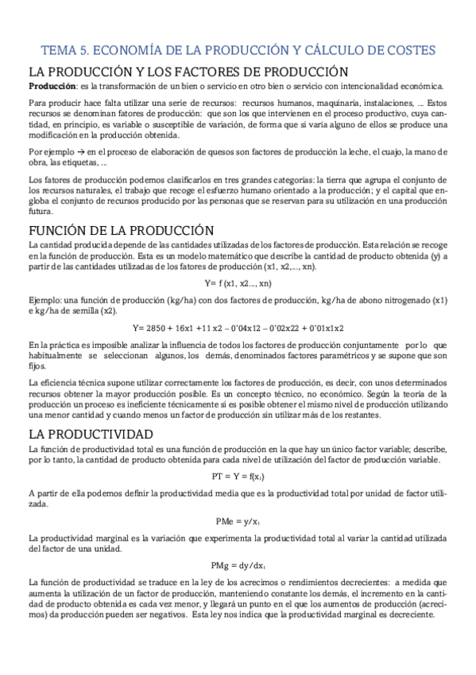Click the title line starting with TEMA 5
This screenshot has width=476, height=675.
238,50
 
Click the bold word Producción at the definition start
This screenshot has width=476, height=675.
52,86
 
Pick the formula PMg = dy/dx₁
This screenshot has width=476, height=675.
238,566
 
